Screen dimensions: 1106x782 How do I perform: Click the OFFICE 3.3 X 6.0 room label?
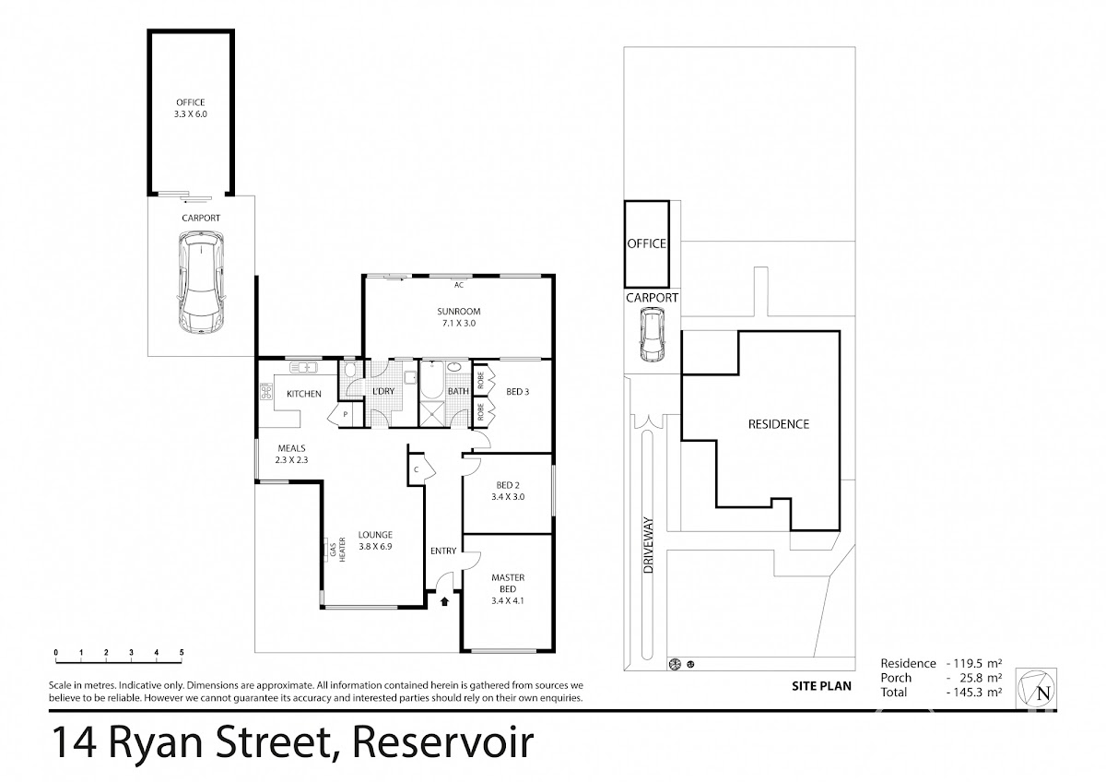pyautogui.click(x=191, y=108)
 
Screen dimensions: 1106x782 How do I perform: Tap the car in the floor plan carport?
pyautogui.click(x=202, y=283)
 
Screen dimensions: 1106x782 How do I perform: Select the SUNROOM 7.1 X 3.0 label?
pyautogui.click(x=459, y=317)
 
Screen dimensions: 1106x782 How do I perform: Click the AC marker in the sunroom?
pyautogui.click(x=459, y=285)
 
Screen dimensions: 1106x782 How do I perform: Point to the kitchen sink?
pyautogui.click(x=303, y=368)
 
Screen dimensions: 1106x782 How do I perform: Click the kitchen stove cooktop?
pyautogui.click(x=266, y=392)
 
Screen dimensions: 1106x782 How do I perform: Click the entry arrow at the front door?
pyautogui.click(x=444, y=600)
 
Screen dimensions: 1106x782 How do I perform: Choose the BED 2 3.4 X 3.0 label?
pyautogui.click(x=508, y=491)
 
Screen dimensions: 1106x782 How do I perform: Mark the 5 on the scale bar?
pyautogui.click(x=182, y=653)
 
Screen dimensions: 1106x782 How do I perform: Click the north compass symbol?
pyautogui.click(x=1036, y=688)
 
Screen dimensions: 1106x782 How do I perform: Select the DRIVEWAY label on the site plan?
pyautogui.click(x=648, y=545)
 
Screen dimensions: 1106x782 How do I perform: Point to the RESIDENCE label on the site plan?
pyautogui.click(x=779, y=424)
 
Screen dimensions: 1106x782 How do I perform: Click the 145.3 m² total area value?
pyautogui.click(x=974, y=692)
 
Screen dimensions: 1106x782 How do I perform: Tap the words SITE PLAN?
pyautogui.click(x=821, y=686)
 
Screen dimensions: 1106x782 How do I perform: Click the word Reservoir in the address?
pyautogui.click(x=443, y=741)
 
